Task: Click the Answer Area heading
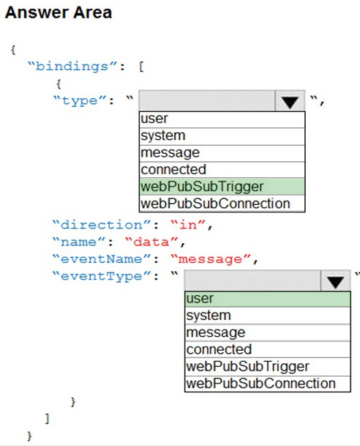[59, 12]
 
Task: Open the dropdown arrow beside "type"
[290, 100]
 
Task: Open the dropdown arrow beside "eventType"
[335, 280]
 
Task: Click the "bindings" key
[72, 67]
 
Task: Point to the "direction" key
[102, 225]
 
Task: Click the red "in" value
[188, 225]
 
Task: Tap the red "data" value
[151, 242]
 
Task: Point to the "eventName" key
[102, 259]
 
